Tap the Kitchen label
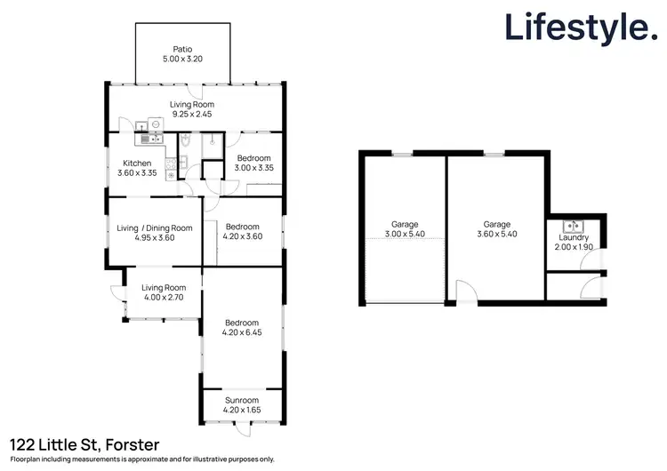pyautogui.click(x=138, y=164)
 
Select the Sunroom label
pyautogui.click(x=242, y=401)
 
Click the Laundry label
pyautogui.click(x=574, y=237)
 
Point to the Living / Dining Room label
pyautogui.click(x=155, y=228)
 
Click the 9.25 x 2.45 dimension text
pyautogui.click(x=191, y=114)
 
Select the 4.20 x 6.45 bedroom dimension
pyautogui.click(x=242, y=333)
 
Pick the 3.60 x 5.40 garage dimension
pyautogui.click(x=496, y=235)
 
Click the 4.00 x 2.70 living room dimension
pyautogui.click(x=165, y=298)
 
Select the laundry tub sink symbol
pyautogui.click(x=573, y=225)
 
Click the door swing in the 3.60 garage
pyautogui.click(x=464, y=291)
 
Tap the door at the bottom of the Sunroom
pyautogui.click(x=242, y=430)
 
